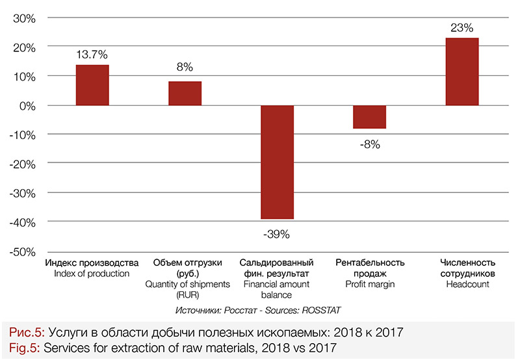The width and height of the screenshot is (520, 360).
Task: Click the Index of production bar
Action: pos(92,85)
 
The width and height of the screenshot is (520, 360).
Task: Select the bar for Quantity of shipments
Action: pos(185,93)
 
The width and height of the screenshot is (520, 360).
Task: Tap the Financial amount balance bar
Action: pos(277,162)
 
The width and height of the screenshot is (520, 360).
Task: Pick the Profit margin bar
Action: pos(369,117)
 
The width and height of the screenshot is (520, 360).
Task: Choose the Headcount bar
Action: pos(462,71)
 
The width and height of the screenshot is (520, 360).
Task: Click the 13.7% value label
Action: pos(92,52)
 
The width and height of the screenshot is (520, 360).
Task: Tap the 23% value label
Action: pos(462,27)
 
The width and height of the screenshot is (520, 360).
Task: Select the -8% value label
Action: pos(369,144)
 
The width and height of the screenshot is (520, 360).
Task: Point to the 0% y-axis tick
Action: pos(27,105)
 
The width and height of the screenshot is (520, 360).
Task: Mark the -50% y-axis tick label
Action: pos(21,251)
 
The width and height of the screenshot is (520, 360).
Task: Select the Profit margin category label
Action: pos(370,284)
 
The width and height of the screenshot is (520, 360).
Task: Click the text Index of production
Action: pos(92,274)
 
